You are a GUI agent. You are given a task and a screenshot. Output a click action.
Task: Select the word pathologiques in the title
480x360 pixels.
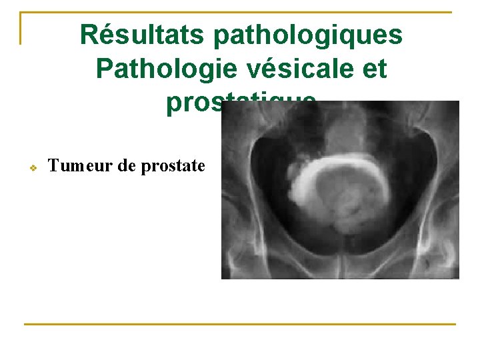pyautogui.click(x=308, y=36)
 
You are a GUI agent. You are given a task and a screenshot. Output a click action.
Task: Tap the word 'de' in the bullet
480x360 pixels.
pyautogui.click(x=126, y=166)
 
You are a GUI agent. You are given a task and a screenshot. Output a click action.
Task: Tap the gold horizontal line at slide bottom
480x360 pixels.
pyautogui.click(x=240, y=324)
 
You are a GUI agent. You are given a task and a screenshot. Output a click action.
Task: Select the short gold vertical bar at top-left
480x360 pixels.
pyautogui.click(x=21, y=28)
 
